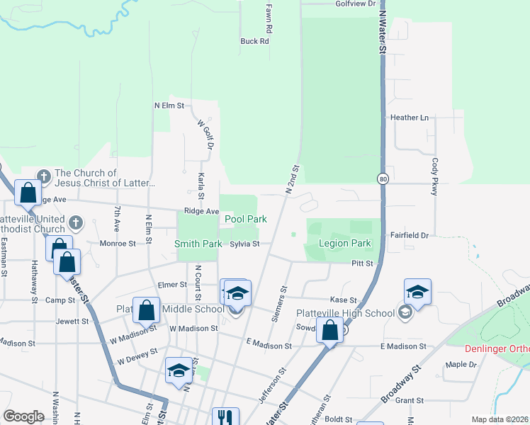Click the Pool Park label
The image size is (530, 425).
pyautogui.click(x=246, y=220)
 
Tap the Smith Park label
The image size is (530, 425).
pyautogui.click(x=198, y=244)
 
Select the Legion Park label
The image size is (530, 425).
pyautogui.click(x=345, y=244)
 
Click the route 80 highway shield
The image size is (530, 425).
pyautogui.click(x=383, y=178)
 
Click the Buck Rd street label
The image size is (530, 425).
pyautogui.click(x=255, y=41)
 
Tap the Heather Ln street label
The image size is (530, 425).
pyautogui.click(x=410, y=118)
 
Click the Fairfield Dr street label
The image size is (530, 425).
pyautogui.click(x=409, y=235)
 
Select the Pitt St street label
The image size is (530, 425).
pyautogui.click(x=362, y=263)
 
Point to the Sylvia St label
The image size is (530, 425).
pyautogui.click(x=245, y=244)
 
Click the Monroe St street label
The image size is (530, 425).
pyautogui.click(x=119, y=243)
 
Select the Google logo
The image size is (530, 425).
pyautogui.click(x=23, y=416)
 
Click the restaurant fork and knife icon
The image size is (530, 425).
pyautogui.click(x=225, y=417)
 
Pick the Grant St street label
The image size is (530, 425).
pyautogui.click(x=410, y=400)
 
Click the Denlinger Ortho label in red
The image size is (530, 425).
pyautogui.click(x=497, y=348)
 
